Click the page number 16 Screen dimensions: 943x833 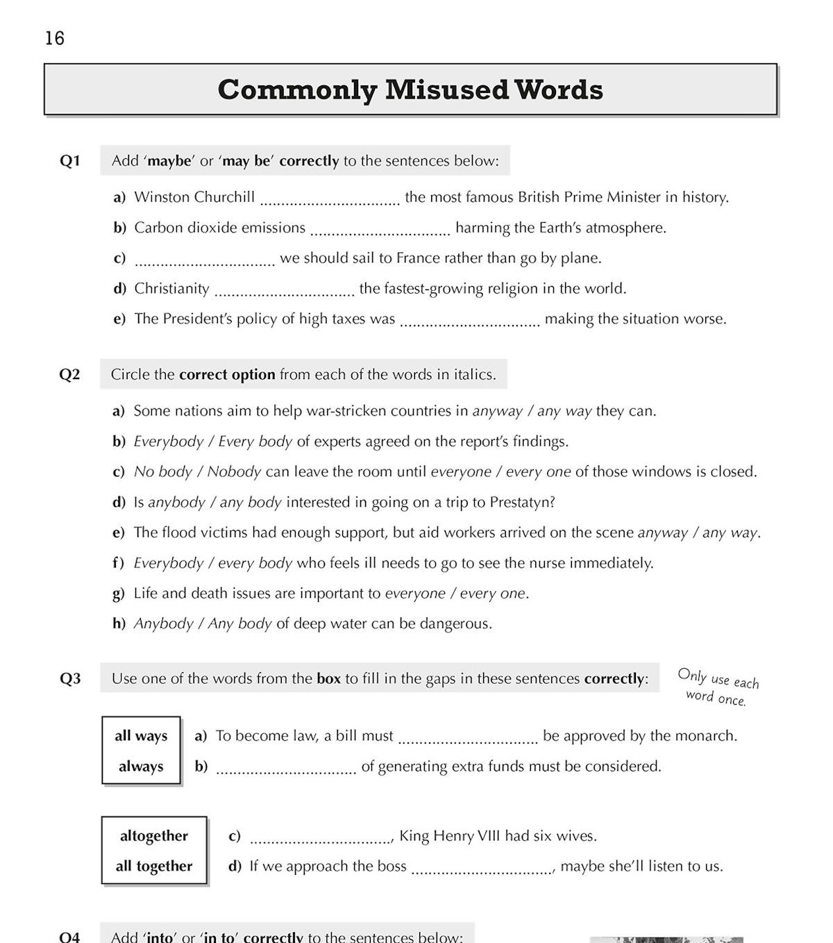pos(54,38)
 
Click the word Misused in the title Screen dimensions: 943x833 pos(446,90)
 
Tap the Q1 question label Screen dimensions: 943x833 pos(70,161)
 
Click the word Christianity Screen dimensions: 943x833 pos(171,289)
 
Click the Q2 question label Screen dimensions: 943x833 pos(69,375)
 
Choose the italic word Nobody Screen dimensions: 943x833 pos(234,472)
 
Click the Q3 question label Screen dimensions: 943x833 pos(70,679)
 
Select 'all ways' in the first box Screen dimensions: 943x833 pos(141,736)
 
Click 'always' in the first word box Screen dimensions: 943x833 pos(141,767)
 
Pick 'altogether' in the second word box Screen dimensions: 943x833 pos(154,836)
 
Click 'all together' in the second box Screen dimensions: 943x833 pos(154,867)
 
